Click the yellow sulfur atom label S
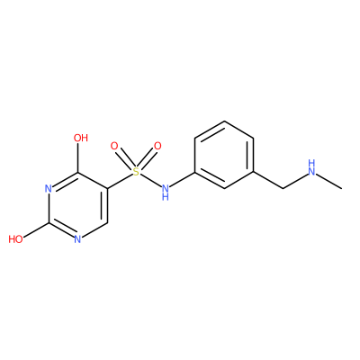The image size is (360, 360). [x=136, y=172]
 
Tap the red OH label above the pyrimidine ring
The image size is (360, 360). [x=81, y=138]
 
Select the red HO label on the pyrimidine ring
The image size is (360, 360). [x=15, y=239]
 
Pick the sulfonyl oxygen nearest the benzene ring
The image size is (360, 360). [x=157, y=146]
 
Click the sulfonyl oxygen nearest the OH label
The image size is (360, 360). [x=114, y=146]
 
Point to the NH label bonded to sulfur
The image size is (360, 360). [x=166, y=192]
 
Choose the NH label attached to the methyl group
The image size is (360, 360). [x=312, y=167]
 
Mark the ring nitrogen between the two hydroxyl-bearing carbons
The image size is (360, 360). [x=49, y=189]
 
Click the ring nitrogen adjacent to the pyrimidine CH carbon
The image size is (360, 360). [x=77, y=239]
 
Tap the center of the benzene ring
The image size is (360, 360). [x=224, y=155]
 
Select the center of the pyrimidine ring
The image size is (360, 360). [x=77, y=206]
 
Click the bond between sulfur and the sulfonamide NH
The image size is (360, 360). [x=150, y=180]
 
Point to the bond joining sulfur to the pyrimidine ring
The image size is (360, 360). [x=120, y=181]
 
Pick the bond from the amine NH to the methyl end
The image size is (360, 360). [x=329, y=181]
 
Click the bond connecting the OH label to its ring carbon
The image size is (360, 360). [x=77, y=157]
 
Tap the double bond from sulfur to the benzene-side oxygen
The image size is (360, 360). [x=147, y=159]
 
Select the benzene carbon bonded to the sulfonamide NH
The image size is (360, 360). [x=195, y=172]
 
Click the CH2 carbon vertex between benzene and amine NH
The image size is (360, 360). [x=283, y=189]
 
